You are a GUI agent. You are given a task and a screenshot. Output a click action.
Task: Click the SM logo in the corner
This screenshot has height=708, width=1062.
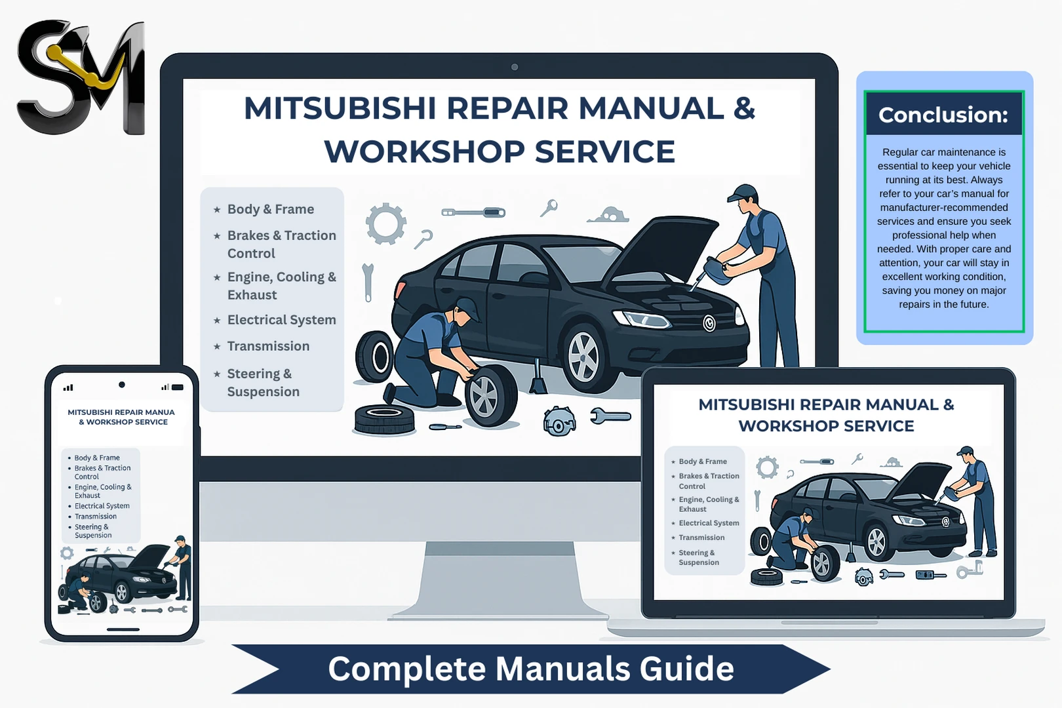(x=81, y=77)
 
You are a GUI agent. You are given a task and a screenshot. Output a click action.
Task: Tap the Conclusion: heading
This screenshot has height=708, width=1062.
(x=943, y=115)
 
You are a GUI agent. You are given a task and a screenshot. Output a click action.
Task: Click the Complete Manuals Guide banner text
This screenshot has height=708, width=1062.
(x=530, y=669)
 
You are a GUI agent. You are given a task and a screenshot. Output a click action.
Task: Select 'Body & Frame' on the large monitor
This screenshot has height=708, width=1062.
(x=270, y=209)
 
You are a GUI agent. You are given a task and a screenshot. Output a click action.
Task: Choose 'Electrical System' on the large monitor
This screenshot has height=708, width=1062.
(x=281, y=320)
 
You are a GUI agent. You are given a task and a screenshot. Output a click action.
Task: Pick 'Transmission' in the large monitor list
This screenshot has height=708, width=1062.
(x=268, y=346)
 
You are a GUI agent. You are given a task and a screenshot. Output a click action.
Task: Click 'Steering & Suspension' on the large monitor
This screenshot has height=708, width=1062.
(x=263, y=382)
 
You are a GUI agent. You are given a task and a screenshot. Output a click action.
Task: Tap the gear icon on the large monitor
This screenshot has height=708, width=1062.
(x=385, y=223)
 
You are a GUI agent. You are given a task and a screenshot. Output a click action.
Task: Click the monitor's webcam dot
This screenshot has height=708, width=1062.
(x=515, y=67)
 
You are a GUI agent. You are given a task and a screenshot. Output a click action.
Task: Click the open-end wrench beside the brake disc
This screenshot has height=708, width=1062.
(x=610, y=416)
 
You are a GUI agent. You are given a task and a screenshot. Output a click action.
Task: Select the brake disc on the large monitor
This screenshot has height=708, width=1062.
(x=559, y=422)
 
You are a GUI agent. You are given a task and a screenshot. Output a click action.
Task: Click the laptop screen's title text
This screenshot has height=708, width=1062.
(x=826, y=415)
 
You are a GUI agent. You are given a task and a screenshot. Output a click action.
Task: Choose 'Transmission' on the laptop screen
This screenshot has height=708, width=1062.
(x=701, y=538)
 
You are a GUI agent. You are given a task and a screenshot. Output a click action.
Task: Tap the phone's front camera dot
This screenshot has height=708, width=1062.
(x=122, y=385)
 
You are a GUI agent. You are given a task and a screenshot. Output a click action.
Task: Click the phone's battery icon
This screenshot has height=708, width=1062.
(x=177, y=387)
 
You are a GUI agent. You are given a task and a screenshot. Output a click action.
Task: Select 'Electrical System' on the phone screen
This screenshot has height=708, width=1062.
(x=102, y=506)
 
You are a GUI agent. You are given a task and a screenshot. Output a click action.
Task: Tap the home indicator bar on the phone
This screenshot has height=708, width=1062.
(x=123, y=629)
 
